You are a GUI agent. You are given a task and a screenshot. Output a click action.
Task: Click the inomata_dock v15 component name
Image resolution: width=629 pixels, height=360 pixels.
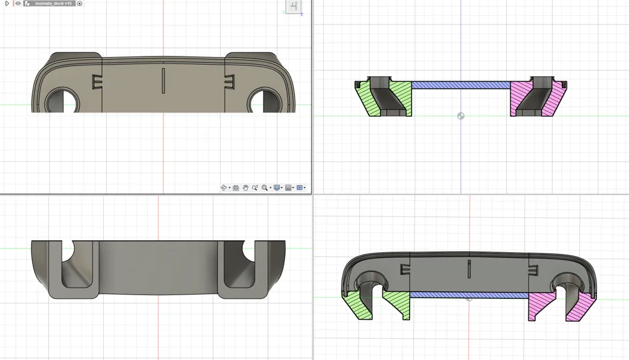[54, 4]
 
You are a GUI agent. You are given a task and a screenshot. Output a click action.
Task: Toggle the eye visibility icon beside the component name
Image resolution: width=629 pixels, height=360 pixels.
[18, 4]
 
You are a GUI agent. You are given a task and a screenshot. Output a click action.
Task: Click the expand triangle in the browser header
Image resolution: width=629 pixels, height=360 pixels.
[8, 4]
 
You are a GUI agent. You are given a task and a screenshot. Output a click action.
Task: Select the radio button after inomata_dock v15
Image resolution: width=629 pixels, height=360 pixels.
[80, 4]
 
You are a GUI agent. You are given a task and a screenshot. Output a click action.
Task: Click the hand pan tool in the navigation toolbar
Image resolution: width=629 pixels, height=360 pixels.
[245, 188]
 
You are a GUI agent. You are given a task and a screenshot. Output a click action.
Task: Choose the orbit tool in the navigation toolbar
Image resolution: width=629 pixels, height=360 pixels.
[224, 188]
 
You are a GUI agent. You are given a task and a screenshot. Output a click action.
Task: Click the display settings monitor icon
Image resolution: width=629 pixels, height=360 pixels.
[277, 188]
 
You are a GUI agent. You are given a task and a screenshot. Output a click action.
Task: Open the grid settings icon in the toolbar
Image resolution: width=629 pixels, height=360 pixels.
[289, 188]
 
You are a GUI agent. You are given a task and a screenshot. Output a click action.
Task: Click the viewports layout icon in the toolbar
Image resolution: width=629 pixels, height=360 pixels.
[300, 188]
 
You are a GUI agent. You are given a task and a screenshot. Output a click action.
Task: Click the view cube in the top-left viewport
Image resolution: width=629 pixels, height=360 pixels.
[294, 7]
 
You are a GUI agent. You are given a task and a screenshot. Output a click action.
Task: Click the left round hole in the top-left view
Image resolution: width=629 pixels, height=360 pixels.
[62, 101]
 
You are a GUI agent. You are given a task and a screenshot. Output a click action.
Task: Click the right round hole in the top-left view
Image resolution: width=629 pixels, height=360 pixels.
[264, 101]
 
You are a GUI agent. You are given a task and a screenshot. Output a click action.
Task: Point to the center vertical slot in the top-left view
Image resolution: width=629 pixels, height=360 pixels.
[164, 81]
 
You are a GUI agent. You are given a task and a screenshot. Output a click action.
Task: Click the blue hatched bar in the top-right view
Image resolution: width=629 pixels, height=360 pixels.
[460, 85]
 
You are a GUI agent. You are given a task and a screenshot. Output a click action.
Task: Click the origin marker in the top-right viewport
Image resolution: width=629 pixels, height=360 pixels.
[461, 116]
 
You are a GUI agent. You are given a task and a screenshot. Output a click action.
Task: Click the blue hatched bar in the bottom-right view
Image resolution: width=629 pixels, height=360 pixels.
[469, 295]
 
